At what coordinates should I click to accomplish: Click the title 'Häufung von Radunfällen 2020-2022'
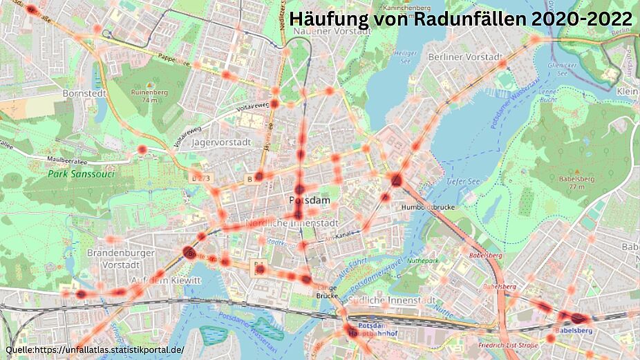click(461, 19)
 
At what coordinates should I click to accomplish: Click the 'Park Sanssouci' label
click(81, 175)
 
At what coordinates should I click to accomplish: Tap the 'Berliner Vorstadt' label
click(464, 57)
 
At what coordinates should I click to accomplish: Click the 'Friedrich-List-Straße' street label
click(511, 343)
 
